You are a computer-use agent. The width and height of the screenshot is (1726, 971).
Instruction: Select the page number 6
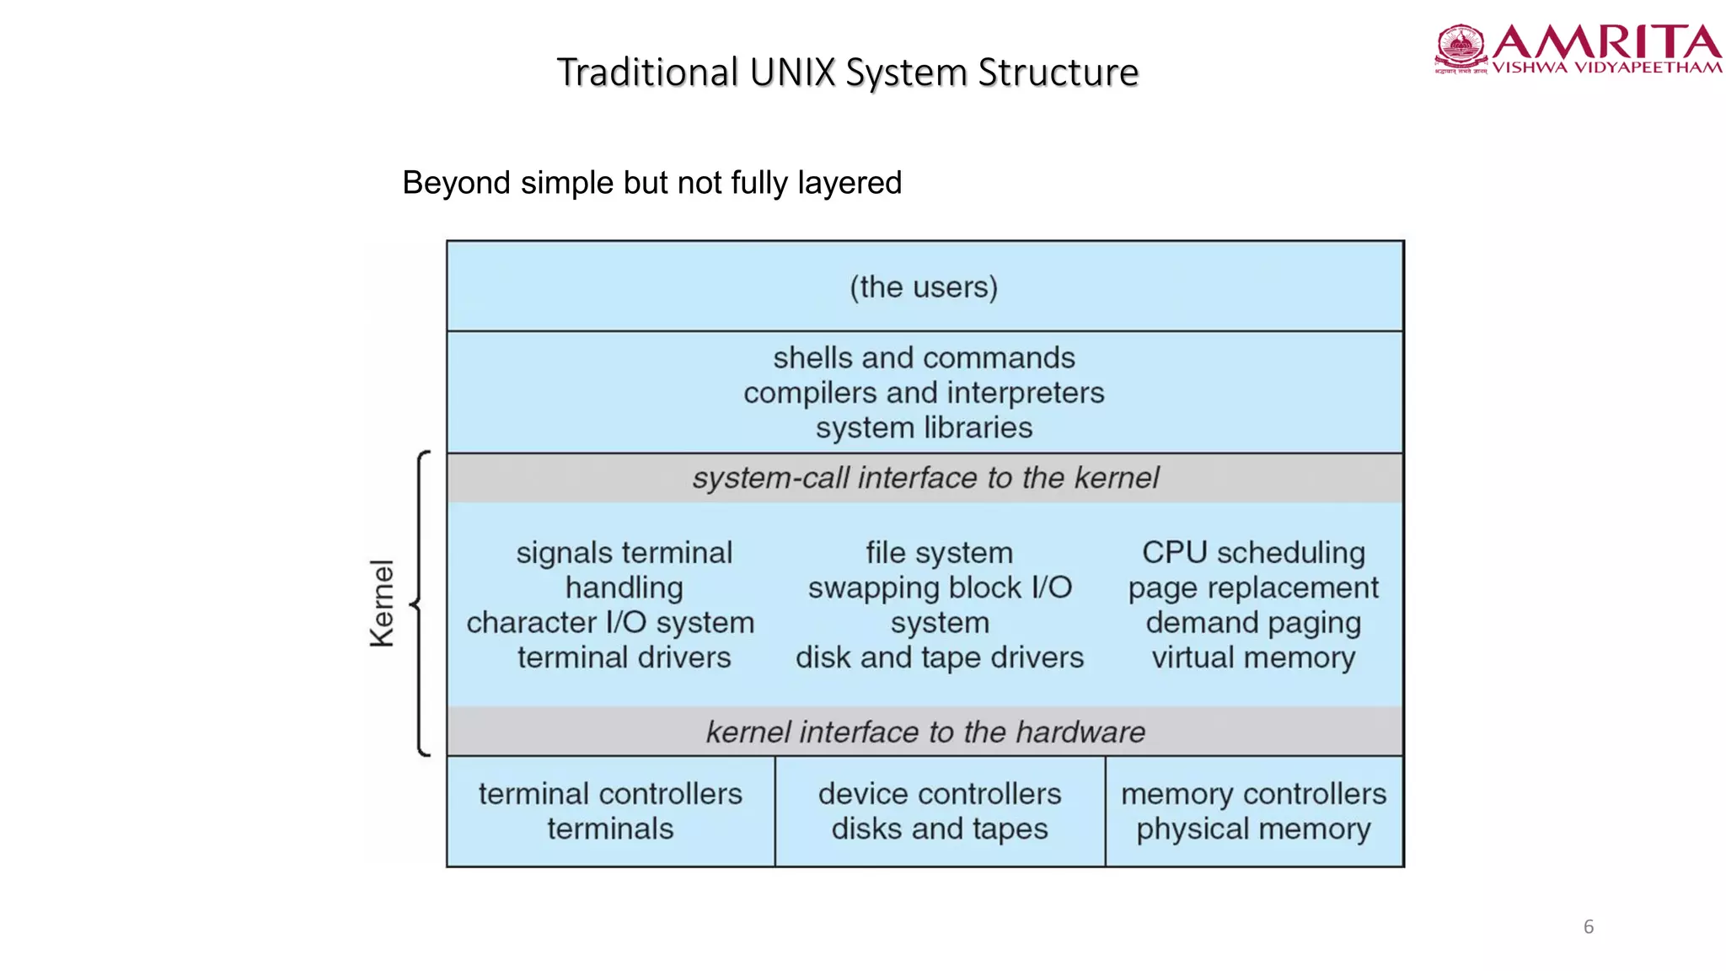1588,927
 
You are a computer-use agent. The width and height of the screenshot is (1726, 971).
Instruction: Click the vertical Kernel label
382,604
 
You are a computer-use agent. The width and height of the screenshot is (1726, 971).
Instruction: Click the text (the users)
924,287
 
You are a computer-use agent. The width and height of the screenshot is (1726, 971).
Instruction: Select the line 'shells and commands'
924,358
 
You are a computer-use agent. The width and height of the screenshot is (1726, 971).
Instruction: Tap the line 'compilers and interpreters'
924,393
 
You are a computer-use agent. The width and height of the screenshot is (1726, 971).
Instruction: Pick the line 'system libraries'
924,428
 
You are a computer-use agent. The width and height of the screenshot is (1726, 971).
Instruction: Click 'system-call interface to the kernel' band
925,478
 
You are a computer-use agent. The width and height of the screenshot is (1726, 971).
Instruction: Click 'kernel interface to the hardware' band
925,732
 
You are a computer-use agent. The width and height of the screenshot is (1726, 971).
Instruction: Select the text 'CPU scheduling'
1253,553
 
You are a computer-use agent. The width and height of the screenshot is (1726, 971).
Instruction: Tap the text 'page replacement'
1253,587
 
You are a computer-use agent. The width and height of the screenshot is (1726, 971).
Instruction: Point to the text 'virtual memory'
1253,657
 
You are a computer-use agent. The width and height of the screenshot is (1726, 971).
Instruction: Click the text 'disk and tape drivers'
939,657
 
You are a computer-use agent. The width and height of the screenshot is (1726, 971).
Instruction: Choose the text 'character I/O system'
610,623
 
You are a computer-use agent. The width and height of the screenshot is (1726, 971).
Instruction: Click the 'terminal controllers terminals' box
610,811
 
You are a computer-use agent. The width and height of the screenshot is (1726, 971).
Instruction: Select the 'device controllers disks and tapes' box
939,811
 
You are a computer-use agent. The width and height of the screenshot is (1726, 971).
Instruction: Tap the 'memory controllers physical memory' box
1253,811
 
